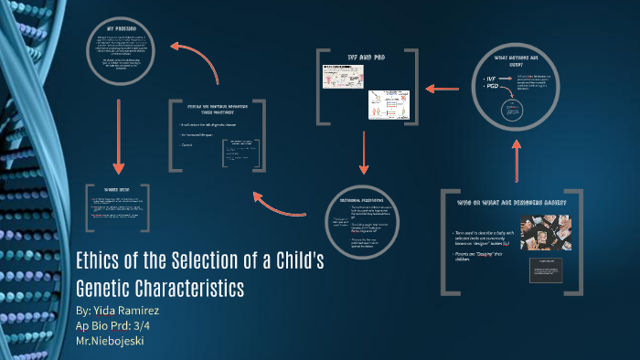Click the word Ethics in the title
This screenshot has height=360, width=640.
[101, 261]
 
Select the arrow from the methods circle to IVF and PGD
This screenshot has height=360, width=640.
[441, 88]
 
